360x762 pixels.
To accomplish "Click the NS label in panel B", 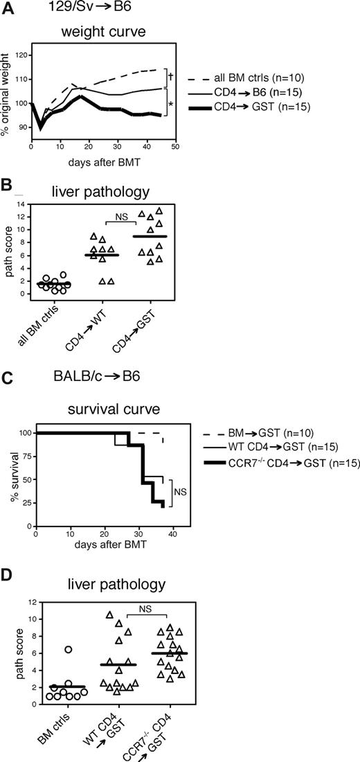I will pyautogui.click(x=126, y=215).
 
